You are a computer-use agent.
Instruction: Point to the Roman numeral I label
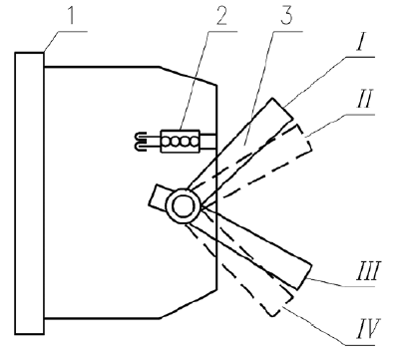pos(361,42)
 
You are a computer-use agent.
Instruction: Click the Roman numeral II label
pos(365,99)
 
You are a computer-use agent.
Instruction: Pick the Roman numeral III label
pos(368,271)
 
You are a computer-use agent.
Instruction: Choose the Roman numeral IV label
pos(368,328)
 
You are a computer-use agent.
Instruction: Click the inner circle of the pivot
pos(184,206)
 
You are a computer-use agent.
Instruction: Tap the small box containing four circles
pos(181,142)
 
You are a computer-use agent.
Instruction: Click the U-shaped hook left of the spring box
pos(141,142)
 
